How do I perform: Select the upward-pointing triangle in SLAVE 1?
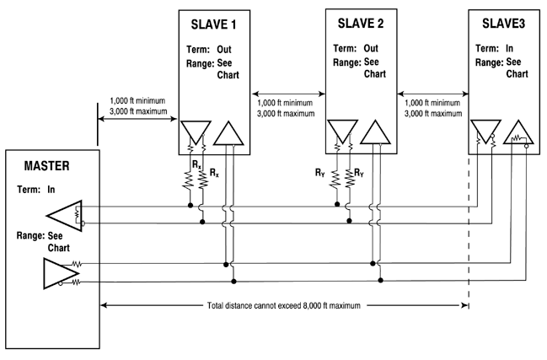[x=227, y=132]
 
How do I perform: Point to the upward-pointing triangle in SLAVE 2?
[x=372, y=132]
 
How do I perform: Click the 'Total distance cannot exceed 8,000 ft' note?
[x=287, y=304]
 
